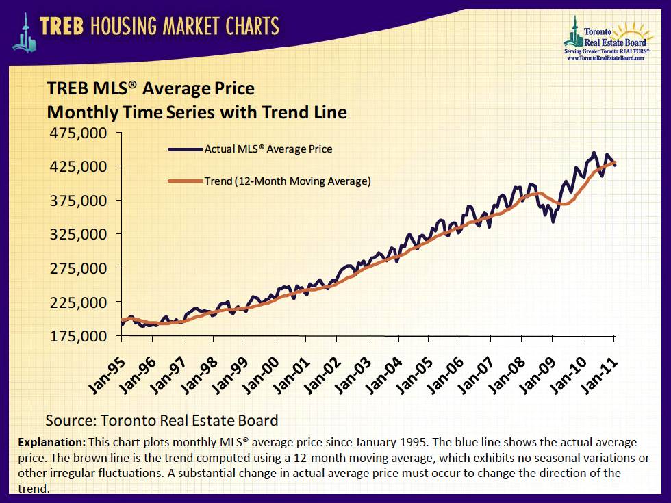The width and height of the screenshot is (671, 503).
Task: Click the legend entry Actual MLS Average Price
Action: coord(268,149)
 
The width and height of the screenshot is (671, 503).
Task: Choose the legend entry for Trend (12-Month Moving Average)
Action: coord(288,181)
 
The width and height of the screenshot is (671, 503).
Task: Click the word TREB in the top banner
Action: coord(64,26)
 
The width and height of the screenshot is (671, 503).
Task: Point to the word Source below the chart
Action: coord(70,420)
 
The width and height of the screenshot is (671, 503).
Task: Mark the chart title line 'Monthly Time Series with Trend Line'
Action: coord(197,112)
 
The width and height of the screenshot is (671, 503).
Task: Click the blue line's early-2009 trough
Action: coord(553,221)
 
